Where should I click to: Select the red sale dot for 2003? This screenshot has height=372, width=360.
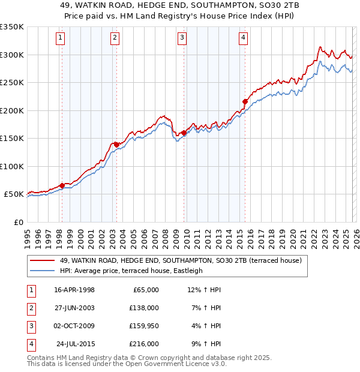pos(116,144)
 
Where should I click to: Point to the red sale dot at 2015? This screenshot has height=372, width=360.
pos(244,101)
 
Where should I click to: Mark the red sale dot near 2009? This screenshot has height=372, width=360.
pos(183,133)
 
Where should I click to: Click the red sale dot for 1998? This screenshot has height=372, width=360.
pos(62,185)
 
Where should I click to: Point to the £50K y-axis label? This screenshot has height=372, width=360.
pos(14,194)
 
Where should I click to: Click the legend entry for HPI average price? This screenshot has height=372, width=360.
pos(131,271)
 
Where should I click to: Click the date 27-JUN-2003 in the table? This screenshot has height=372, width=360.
pos(74,307)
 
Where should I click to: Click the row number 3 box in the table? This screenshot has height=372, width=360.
pos(31,326)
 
